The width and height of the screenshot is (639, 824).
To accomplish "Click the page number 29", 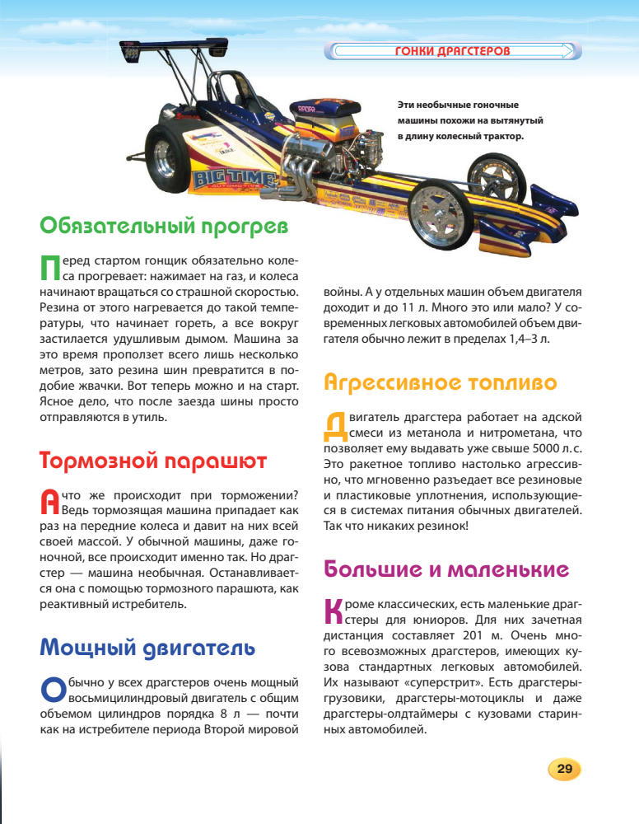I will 564,769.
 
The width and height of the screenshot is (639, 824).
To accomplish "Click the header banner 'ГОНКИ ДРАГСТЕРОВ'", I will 453,52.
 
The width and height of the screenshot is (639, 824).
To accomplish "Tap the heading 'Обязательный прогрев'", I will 164,225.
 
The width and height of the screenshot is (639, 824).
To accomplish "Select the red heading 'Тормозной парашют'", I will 153,461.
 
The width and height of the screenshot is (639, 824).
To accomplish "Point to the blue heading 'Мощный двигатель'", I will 147,648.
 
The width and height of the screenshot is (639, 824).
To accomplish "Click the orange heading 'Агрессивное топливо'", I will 441,382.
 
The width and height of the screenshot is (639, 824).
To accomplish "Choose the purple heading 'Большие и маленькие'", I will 447,569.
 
